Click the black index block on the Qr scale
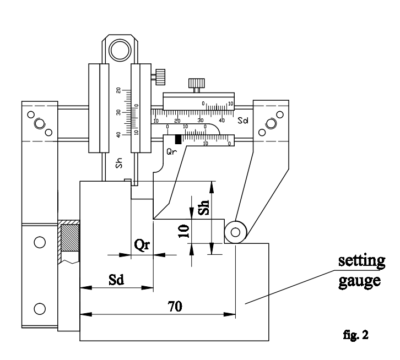click(178, 139)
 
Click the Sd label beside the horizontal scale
click(243, 119)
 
